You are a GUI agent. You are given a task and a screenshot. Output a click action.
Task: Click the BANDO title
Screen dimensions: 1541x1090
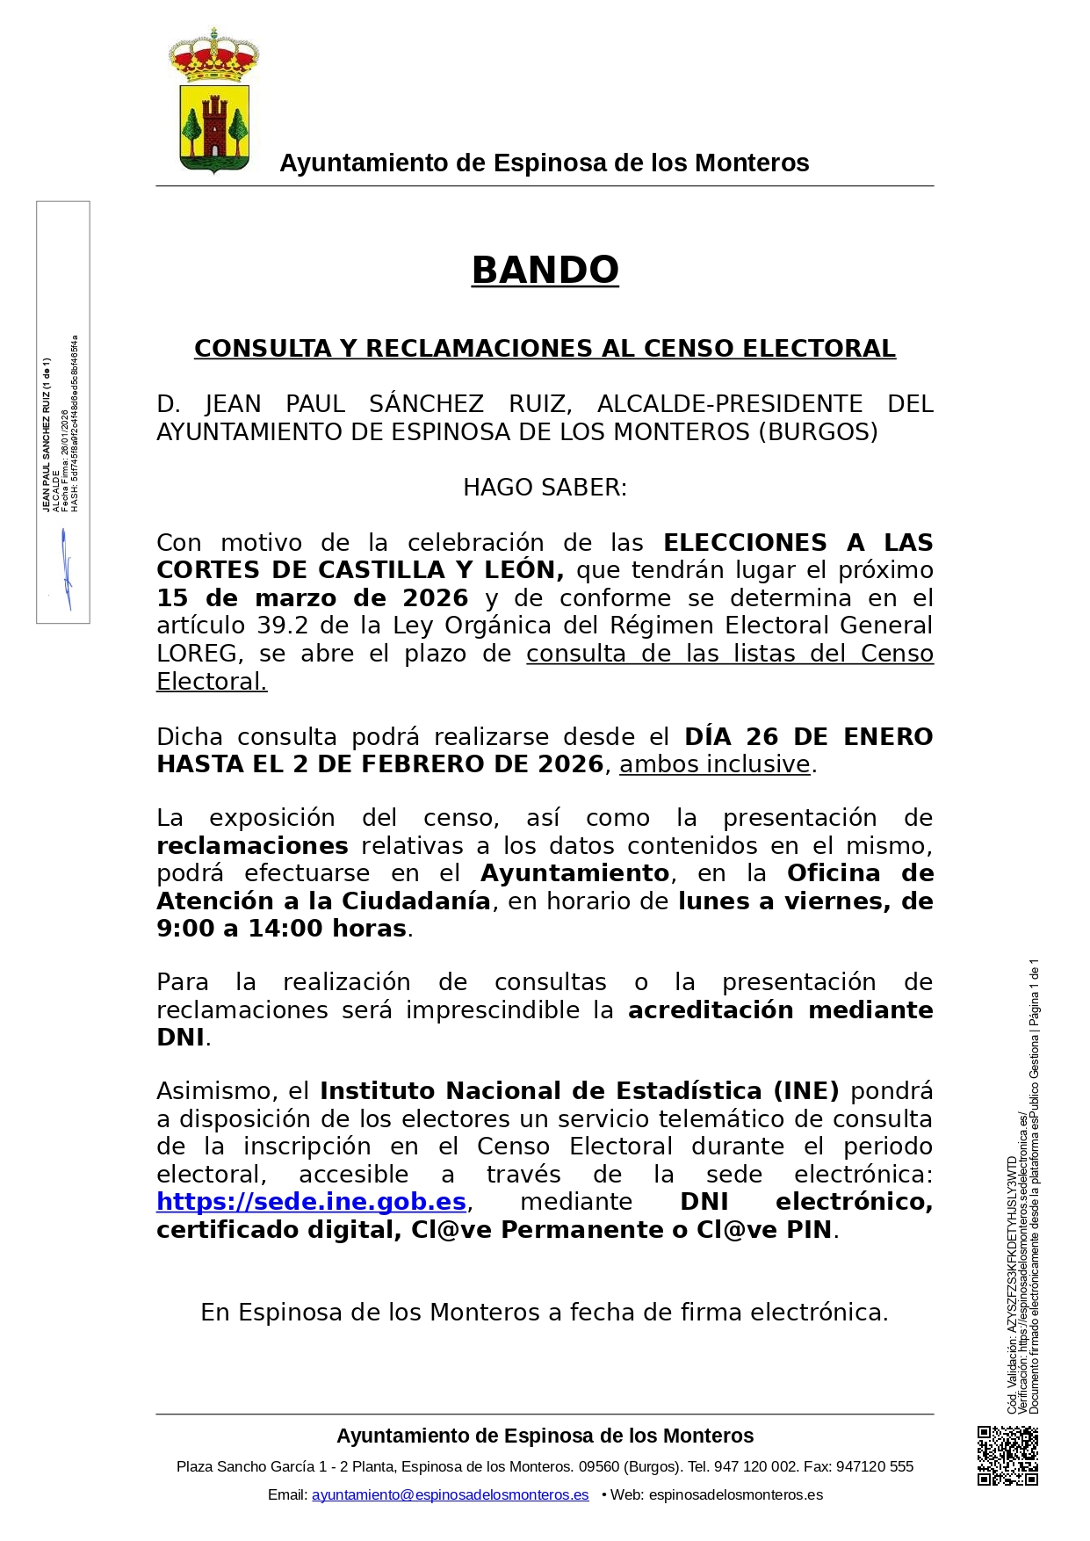click(545, 270)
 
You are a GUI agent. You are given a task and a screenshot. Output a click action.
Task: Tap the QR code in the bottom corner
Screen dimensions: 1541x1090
click(1007, 1456)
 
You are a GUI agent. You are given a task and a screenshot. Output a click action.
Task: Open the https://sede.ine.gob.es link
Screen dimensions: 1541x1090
click(311, 1201)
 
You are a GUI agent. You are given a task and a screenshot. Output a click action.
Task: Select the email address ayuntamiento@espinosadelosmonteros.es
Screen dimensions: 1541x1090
click(450, 1494)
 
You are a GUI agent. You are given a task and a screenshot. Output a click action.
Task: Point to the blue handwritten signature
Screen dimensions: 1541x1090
click(66, 569)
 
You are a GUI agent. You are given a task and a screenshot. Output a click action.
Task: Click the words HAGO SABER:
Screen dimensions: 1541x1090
click(545, 488)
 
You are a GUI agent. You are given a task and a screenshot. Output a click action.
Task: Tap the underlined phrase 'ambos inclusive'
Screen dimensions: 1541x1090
click(714, 764)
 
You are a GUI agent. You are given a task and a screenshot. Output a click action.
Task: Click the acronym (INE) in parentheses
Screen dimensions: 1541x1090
click(806, 1091)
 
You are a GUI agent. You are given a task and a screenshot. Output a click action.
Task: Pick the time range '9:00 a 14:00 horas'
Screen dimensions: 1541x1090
click(281, 929)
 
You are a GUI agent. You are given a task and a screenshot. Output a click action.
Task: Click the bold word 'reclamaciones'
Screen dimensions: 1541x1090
click(252, 846)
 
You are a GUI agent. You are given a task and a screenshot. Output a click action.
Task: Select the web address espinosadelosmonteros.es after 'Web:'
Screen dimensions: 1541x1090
click(735, 1494)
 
